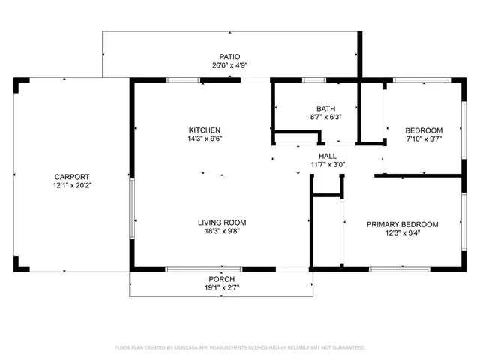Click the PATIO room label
point(229,56)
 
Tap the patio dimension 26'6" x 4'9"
point(229,65)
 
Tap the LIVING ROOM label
point(222,223)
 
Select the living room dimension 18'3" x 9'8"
point(222,232)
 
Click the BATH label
point(325,108)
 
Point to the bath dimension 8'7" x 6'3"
point(325,117)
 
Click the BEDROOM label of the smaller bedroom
point(424,130)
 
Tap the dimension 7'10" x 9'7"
point(424,139)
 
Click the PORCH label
point(222,279)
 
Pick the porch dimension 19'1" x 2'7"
point(222,288)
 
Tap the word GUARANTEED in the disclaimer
point(346,347)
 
